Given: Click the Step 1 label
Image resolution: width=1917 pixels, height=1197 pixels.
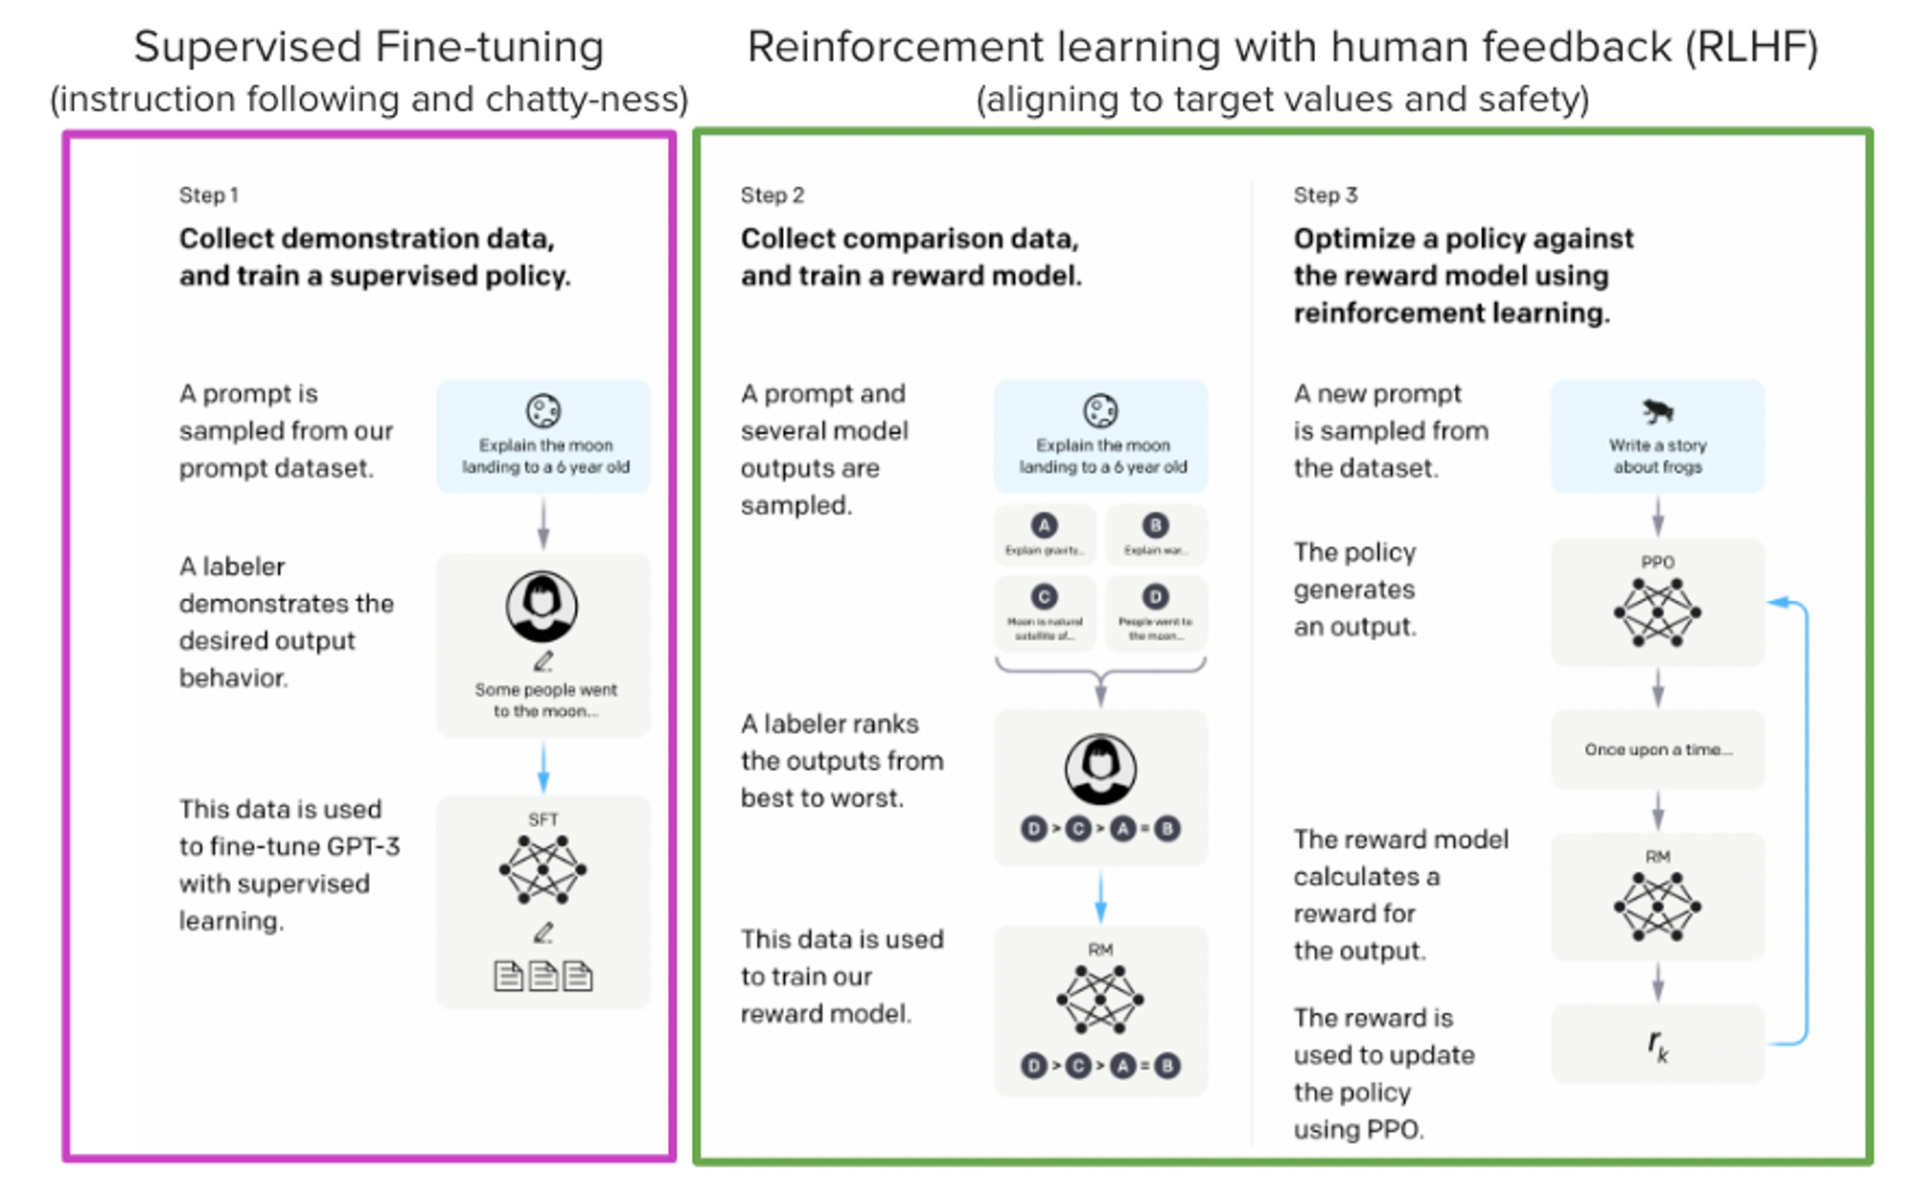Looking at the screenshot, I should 208,196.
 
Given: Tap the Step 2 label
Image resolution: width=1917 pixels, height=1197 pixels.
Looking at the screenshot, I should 772,196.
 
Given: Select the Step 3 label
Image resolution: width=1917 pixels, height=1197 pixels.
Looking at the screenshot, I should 1325,196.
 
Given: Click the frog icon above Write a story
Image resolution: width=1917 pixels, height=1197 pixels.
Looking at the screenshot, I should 1657,411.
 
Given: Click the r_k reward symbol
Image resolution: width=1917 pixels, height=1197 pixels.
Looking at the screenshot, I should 1657,1045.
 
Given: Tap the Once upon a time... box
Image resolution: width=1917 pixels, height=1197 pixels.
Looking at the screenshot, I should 1657,749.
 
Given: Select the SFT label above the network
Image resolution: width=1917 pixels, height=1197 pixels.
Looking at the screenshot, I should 543,819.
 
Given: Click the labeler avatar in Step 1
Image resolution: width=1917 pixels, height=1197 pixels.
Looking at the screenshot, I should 542,607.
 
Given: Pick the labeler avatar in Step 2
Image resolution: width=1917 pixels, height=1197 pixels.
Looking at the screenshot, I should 1100,769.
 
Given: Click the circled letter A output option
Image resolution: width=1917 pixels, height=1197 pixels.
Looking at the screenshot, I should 1044,525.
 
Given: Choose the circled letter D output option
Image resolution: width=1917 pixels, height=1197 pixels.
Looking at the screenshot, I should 1155,597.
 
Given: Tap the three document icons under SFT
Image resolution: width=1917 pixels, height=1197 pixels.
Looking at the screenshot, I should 543,976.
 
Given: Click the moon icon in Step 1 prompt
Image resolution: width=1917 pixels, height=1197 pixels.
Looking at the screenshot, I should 543,411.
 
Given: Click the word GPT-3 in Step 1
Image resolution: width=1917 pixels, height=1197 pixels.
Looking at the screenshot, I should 363,847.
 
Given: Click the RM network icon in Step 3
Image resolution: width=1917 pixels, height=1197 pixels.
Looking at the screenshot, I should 1657,907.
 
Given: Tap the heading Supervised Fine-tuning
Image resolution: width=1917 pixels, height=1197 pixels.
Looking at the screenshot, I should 369,48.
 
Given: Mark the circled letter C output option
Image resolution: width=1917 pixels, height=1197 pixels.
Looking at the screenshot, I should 1044,597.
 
